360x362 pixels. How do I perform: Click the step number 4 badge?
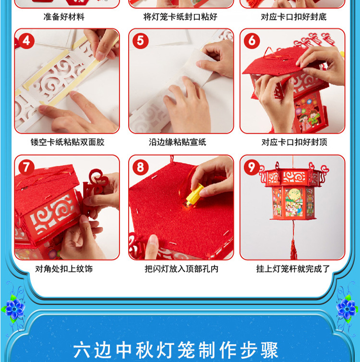tap(26, 41)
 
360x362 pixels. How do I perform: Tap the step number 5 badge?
tap(140, 41)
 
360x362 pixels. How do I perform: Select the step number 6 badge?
tap(252, 41)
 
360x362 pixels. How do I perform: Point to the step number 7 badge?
tap(26, 167)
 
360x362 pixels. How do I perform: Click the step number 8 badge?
tap(140, 167)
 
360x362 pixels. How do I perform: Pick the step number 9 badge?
tap(252, 167)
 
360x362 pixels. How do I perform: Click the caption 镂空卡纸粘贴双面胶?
tap(67, 142)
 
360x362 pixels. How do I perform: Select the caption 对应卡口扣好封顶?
tap(294, 142)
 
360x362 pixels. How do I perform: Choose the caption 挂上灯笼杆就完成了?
tap(293, 269)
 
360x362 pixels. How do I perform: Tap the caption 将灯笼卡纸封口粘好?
tap(180, 17)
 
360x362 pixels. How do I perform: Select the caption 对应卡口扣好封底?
tap(294, 17)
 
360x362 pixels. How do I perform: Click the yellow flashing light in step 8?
tap(193, 196)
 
